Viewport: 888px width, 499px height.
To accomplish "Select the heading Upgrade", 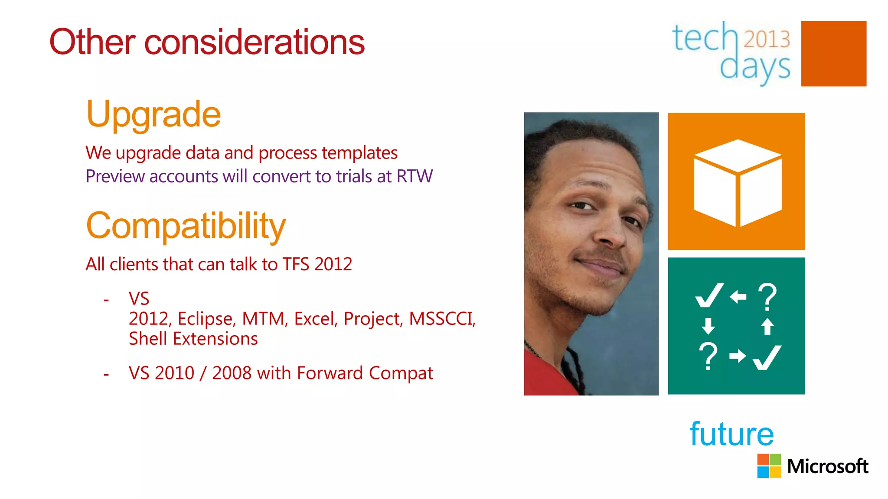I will [153, 115].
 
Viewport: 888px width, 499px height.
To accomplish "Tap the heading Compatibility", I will [186, 226].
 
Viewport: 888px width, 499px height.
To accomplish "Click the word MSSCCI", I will [442, 319].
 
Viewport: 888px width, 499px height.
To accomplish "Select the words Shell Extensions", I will [193, 339].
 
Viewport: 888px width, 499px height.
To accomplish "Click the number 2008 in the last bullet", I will [232, 373].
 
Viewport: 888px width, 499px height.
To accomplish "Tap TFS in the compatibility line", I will [296, 264].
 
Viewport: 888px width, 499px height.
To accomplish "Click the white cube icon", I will [737, 183].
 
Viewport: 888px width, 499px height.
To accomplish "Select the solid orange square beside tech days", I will [833, 54].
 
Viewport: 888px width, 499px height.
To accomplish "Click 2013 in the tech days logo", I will [767, 39].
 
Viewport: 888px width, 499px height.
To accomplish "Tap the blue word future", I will [731, 434].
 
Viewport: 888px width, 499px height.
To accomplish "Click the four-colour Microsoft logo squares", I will [769, 466].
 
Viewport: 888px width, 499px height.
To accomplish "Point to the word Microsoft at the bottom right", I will [827, 467].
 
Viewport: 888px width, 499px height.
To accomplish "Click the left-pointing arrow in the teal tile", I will [738, 297].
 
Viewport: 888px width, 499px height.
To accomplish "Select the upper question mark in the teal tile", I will [767, 297].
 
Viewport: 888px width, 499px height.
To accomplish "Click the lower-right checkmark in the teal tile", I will [767, 357].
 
